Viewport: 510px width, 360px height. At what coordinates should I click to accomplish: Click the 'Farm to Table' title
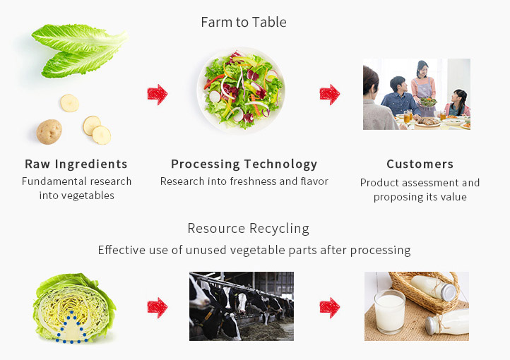pyautogui.click(x=244, y=22)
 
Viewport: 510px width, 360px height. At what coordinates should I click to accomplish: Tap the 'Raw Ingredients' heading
pyautogui.click(x=76, y=164)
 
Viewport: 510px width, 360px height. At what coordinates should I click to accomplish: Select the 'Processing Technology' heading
pyautogui.click(x=244, y=164)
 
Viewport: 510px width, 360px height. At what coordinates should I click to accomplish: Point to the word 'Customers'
pyautogui.click(x=420, y=164)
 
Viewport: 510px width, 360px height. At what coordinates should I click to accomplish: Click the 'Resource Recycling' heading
pyautogui.click(x=249, y=229)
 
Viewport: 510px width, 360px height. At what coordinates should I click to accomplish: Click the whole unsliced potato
pyautogui.click(x=49, y=131)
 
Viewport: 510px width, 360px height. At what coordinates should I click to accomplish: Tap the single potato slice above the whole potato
pyautogui.click(x=70, y=103)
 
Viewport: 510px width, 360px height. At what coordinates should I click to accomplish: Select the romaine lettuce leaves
pyautogui.click(x=81, y=50)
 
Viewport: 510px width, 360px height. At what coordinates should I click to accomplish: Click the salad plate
pyautogui.click(x=241, y=90)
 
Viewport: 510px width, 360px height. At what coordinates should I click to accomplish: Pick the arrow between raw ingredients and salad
pyautogui.click(x=158, y=95)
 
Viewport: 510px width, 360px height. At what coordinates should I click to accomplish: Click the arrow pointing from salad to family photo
pyautogui.click(x=329, y=95)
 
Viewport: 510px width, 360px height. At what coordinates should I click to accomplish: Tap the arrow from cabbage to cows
pyautogui.click(x=158, y=307)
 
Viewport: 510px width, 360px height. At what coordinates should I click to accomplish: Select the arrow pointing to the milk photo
pyautogui.click(x=329, y=307)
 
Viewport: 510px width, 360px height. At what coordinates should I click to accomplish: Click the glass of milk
pyautogui.click(x=389, y=312)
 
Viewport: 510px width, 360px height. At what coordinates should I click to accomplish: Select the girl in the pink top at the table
pyautogui.click(x=458, y=103)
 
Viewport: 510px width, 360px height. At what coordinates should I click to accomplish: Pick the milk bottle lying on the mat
pyautogui.click(x=447, y=322)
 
